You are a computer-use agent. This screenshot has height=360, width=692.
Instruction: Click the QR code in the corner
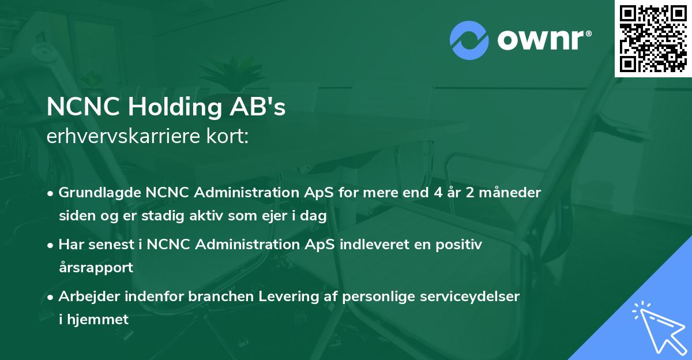653,38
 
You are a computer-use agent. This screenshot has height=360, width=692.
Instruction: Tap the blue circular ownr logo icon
469,40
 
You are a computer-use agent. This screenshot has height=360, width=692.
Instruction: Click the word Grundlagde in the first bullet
98,193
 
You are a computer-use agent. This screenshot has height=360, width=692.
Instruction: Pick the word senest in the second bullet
111,245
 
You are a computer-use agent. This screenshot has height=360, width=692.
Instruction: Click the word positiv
461,245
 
